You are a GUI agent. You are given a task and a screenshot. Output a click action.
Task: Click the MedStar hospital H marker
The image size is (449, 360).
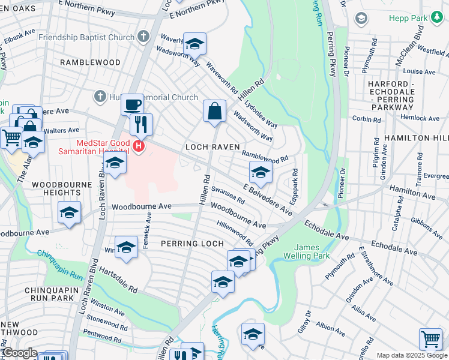[x=139, y=146]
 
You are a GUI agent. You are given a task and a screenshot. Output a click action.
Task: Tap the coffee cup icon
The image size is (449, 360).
[x=132, y=105]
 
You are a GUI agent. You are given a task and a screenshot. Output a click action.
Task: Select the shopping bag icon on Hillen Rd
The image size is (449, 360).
[x=214, y=111]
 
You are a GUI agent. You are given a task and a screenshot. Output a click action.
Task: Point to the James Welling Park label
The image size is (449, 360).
[x=313, y=251]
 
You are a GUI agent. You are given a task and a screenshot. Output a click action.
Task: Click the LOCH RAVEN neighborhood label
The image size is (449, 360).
[x=212, y=146]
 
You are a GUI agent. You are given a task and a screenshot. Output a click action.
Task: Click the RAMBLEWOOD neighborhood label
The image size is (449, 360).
[x=90, y=62]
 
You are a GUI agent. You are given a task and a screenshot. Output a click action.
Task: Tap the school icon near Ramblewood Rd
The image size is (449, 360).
[x=261, y=173]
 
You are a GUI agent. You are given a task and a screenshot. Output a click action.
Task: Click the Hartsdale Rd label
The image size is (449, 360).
[x=118, y=280]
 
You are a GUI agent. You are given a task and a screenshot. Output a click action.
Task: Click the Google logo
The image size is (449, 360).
[x=19, y=353]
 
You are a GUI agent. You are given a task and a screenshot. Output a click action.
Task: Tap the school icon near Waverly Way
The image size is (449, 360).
[x=194, y=44]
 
